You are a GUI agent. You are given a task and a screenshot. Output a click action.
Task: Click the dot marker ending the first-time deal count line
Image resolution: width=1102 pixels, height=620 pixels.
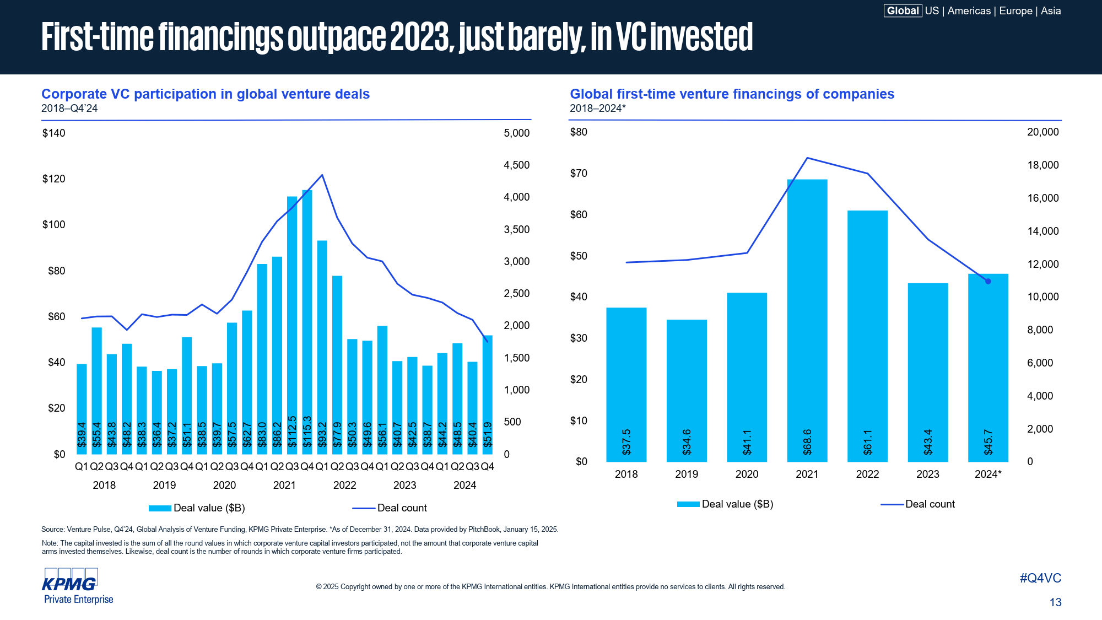click(988, 282)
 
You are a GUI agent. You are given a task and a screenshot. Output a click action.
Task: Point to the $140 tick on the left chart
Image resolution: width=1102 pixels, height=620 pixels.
click(53, 133)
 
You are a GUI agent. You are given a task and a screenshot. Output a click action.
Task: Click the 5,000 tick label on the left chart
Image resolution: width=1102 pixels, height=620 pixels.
click(516, 133)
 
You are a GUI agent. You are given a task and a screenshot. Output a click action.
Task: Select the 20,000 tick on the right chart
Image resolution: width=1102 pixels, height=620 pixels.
click(1042, 132)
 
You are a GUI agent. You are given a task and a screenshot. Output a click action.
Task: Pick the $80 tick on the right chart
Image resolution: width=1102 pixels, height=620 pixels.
click(579, 132)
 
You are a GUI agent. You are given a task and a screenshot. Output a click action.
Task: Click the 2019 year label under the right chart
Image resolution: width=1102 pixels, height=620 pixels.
click(687, 474)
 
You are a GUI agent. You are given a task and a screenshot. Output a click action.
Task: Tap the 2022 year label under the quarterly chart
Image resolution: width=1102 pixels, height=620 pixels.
click(344, 485)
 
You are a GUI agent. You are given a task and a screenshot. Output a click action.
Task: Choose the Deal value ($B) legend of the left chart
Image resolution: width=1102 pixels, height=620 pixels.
click(197, 508)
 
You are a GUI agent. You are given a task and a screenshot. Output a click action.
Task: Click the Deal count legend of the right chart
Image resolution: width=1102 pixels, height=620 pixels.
click(918, 504)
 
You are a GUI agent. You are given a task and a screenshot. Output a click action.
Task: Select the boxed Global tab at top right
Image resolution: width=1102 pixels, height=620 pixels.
click(903, 11)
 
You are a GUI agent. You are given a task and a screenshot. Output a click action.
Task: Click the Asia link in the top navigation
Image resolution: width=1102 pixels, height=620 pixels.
click(1051, 11)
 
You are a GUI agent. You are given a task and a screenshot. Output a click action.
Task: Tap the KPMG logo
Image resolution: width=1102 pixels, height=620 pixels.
click(70, 583)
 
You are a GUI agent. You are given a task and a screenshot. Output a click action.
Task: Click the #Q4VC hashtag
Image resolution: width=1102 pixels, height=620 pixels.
click(1040, 578)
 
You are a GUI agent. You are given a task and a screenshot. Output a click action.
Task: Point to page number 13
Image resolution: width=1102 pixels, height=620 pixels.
click(1055, 602)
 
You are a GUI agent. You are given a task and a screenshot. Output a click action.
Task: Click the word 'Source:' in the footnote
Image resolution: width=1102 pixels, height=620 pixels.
click(53, 530)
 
